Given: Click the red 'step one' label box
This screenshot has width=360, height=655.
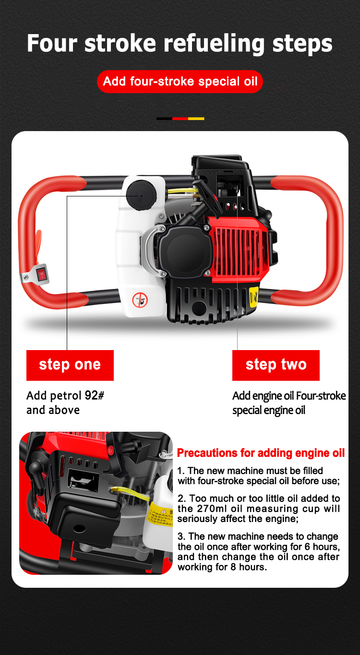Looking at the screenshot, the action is click(x=70, y=365).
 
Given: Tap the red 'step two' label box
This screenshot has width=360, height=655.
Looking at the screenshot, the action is click(x=276, y=365).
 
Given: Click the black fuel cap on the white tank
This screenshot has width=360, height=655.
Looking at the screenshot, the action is click(x=142, y=195).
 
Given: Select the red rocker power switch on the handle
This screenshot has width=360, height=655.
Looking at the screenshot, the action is click(x=42, y=275).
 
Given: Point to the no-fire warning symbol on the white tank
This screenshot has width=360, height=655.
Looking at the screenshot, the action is click(x=140, y=300).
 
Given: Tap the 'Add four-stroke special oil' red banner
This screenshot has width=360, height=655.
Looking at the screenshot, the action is click(x=180, y=82).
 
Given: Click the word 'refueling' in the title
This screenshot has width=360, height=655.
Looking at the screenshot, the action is click(x=214, y=44).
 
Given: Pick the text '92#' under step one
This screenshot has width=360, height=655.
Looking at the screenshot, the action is click(x=95, y=395).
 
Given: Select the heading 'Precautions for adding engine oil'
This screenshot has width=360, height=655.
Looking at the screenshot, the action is click(x=261, y=453).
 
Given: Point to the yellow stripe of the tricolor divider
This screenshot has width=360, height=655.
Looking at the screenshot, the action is click(x=196, y=119).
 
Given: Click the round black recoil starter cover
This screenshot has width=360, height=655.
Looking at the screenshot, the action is click(x=185, y=252).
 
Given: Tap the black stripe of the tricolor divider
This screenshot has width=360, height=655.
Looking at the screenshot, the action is click(x=164, y=119).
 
